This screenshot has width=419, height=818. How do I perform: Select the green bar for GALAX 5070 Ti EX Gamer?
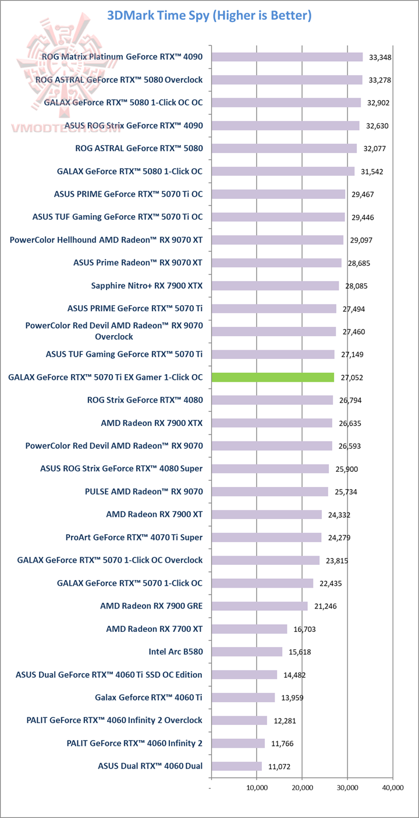(x=272, y=378)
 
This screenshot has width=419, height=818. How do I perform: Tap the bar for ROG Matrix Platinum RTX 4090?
(x=287, y=57)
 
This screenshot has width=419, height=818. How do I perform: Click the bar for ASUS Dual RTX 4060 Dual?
(x=236, y=766)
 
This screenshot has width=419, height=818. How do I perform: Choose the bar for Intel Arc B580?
(x=247, y=652)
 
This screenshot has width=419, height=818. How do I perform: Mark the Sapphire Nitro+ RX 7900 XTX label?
(x=147, y=286)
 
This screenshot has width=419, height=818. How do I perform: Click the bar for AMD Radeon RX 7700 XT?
(x=249, y=629)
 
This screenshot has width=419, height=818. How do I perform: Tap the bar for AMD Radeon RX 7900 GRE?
(x=259, y=606)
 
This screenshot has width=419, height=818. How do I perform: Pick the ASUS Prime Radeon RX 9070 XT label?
(x=138, y=262)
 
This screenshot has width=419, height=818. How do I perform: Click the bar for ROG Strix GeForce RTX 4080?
(x=272, y=400)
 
